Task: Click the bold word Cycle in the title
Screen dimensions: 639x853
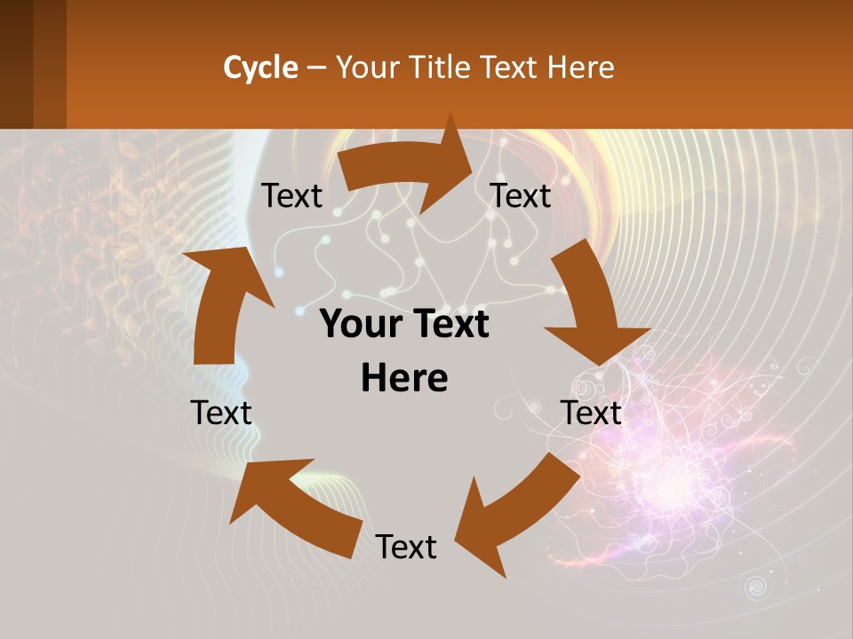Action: (x=260, y=67)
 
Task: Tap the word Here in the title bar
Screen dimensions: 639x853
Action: (x=581, y=67)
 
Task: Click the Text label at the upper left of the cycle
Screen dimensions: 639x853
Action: (x=291, y=196)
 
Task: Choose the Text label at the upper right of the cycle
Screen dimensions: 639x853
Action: (x=521, y=196)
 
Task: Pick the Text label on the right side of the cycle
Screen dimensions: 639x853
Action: (x=591, y=413)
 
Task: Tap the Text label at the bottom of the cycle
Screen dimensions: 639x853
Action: (x=406, y=547)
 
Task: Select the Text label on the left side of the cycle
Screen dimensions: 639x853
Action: (x=221, y=413)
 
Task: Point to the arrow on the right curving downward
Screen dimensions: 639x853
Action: (x=591, y=311)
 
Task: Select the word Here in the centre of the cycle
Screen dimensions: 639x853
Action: (x=404, y=378)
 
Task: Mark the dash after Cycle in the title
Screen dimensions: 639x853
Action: (x=317, y=67)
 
